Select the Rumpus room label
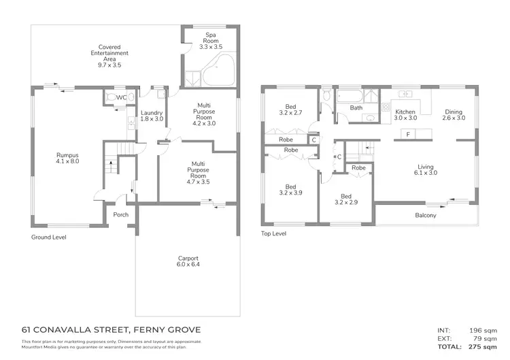(x=67, y=159)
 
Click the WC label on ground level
(x=121, y=98)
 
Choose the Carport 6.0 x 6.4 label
(x=188, y=261)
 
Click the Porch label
(x=121, y=215)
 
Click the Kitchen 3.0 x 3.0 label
(x=405, y=114)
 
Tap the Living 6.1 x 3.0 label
(x=426, y=169)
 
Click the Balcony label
(x=426, y=216)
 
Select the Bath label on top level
(x=356, y=108)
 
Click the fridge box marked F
(x=407, y=135)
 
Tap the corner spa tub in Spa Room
(x=221, y=71)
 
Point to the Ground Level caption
(x=49, y=238)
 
